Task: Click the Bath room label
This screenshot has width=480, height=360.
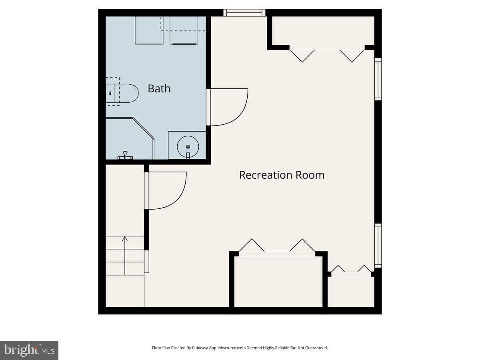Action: (x=159, y=88)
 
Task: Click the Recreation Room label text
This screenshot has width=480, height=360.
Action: (x=282, y=175)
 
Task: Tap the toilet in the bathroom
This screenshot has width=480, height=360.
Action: (x=122, y=93)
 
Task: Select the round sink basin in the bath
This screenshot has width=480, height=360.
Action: (x=188, y=147)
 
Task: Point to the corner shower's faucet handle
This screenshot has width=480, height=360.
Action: (x=125, y=155)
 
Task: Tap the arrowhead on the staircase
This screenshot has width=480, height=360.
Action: (x=125, y=239)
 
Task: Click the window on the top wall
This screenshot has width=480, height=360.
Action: (x=244, y=13)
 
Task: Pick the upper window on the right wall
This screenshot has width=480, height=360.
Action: (x=378, y=79)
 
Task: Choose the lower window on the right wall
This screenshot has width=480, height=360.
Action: (x=378, y=246)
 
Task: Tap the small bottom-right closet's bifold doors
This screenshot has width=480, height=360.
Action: (x=351, y=269)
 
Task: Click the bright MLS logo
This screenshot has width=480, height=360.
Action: (x=29, y=350)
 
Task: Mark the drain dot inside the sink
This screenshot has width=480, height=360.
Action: (x=188, y=147)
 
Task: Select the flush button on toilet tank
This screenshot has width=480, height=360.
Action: (x=110, y=93)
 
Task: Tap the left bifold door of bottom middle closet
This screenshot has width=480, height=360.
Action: (x=252, y=245)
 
